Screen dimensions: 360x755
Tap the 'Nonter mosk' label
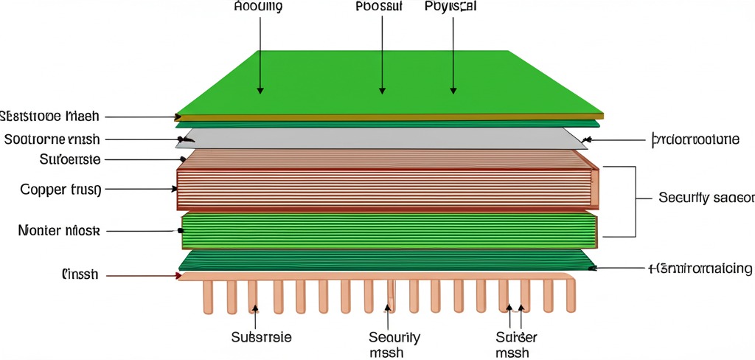[58, 231]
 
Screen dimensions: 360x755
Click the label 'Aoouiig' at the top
[258, 7]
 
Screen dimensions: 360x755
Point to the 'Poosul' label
[379, 7]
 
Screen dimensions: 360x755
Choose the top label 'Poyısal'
[450, 7]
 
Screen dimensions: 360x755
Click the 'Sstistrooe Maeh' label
[49, 116]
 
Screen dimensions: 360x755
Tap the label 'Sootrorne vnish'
[52, 139]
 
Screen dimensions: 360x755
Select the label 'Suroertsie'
[69, 159]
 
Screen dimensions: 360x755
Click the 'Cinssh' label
[80, 275]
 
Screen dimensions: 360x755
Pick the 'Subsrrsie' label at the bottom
[261, 337]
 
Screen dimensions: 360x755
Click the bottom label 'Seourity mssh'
[394, 345]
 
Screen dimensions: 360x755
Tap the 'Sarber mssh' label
[517, 345]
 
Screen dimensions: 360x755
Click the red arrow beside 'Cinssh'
[144, 276]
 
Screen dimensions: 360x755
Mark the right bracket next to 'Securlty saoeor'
[632, 201]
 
